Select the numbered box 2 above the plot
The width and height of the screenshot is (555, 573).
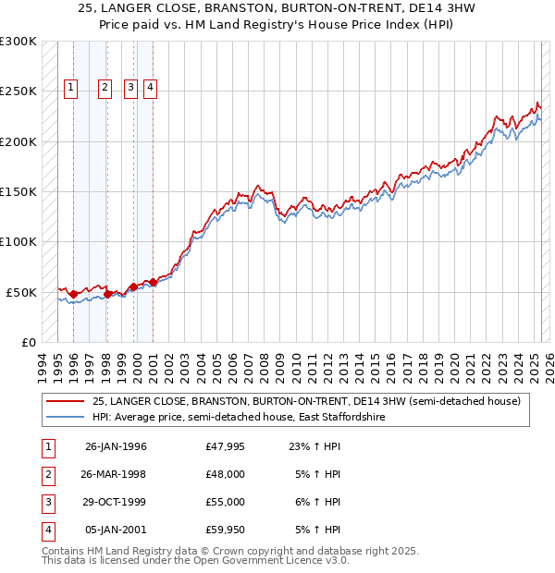click(x=105, y=88)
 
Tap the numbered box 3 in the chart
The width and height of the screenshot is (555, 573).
click(x=131, y=88)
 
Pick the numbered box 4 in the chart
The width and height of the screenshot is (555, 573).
click(x=150, y=88)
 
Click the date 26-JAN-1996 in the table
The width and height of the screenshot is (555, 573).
click(x=116, y=446)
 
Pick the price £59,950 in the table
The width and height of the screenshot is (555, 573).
click(x=226, y=530)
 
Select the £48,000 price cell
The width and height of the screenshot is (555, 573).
click(x=226, y=474)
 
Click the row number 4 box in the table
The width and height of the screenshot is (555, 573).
click(x=45, y=530)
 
